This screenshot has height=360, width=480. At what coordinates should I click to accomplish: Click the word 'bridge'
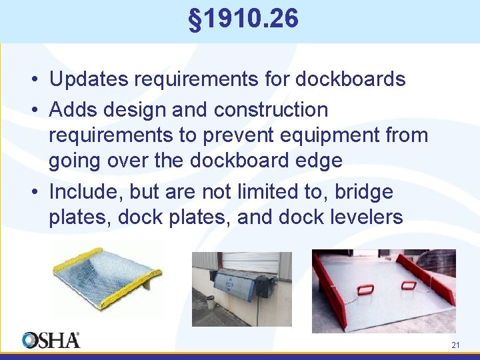pos(364,192)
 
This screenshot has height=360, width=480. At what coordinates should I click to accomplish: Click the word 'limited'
pos(262,192)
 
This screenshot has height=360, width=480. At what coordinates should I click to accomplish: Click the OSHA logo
pos(51,340)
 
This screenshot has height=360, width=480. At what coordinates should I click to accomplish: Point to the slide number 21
pos(456,345)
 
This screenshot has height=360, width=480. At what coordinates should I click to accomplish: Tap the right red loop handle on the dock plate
pos(409,285)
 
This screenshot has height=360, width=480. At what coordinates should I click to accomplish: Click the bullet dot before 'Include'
pos(33,193)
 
